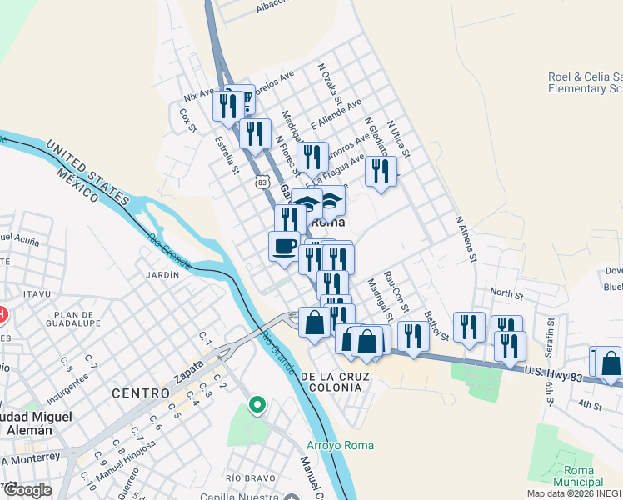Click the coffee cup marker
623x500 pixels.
284,246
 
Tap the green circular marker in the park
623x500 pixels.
257,406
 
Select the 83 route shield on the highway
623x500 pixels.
263,181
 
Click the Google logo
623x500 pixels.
27,490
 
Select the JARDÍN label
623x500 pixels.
162,274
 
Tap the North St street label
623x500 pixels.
506,293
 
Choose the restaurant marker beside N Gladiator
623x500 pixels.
381,171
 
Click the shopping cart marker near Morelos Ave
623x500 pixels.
245,101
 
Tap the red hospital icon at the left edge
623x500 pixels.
2,314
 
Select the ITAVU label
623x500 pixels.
38,294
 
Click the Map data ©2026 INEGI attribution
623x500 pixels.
573,493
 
